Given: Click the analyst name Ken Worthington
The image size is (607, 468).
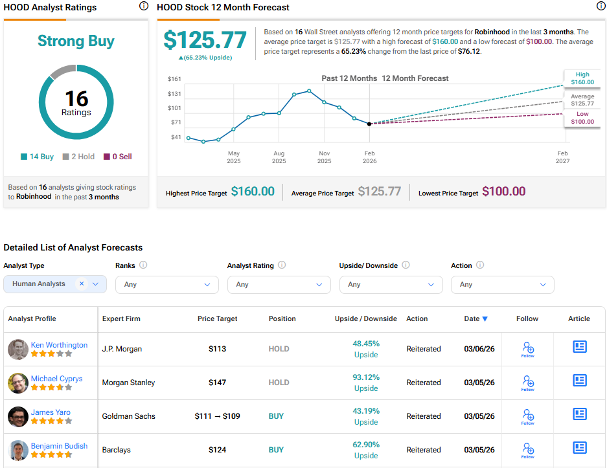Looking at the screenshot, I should tap(59, 345).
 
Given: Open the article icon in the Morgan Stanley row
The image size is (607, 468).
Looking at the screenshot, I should tap(579, 381).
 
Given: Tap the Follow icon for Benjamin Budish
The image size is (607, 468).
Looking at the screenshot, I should tap(528, 449).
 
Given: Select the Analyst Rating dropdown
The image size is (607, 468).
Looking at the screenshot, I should tap(279, 284).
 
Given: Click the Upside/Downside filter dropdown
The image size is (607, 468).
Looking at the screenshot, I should tap(391, 284).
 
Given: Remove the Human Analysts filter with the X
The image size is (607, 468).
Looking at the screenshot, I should tap(82, 284).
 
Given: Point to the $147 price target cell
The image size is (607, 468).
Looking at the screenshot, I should tap(217, 383).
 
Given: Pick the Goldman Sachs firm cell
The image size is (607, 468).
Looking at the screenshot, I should tap(128, 416).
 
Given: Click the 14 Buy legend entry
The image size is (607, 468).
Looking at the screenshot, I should tap(38, 157).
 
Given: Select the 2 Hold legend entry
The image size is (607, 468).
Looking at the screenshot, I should tap(78, 157).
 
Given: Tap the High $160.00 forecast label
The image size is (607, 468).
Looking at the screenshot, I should tap(582, 78).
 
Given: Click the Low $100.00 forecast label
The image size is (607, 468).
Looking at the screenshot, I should tap(582, 118).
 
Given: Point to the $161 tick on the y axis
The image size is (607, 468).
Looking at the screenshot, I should tap(175, 79).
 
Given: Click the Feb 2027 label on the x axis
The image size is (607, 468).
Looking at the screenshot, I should tap(562, 157).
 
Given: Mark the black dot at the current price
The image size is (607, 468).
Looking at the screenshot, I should tap(369, 124).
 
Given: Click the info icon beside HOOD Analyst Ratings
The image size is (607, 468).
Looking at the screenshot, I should tap(143, 6).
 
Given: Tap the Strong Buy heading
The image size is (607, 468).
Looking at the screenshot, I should tap(76, 41).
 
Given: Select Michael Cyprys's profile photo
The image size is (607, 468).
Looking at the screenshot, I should tap(17, 383).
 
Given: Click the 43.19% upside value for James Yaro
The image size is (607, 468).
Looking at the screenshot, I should tap(366, 410).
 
